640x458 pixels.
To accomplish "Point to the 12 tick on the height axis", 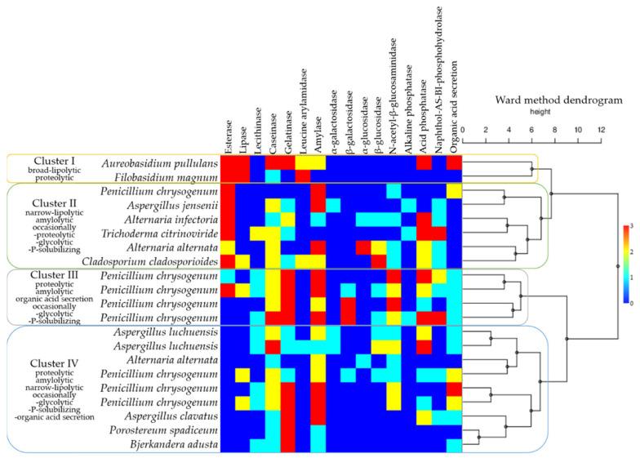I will [x=601, y=130].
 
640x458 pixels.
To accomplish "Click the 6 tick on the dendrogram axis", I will [x=531, y=130].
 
